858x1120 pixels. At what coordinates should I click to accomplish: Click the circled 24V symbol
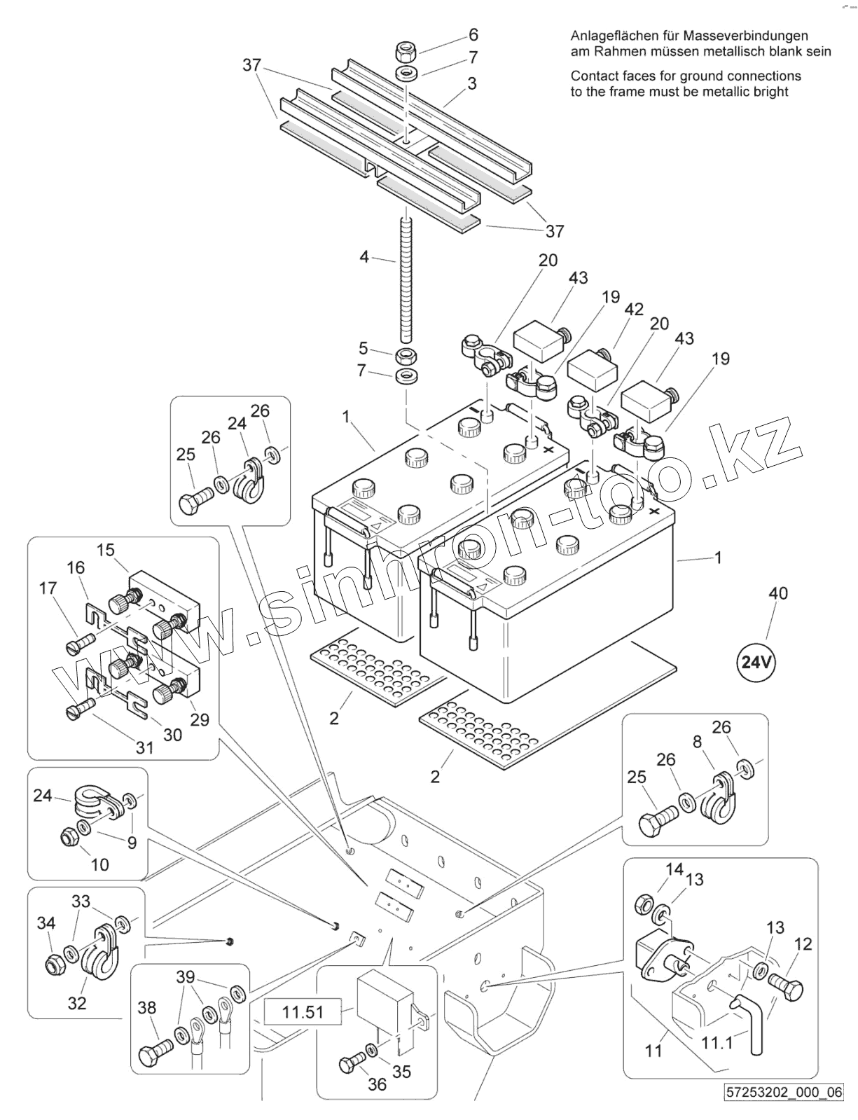(756, 662)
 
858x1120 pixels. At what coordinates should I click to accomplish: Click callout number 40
(778, 594)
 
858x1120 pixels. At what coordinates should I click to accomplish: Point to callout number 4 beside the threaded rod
(364, 256)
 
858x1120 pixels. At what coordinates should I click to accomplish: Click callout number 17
(48, 588)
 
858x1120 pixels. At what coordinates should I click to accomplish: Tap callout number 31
(145, 747)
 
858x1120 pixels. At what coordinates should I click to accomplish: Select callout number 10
(100, 864)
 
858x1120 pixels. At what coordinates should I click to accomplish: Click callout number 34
(46, 922)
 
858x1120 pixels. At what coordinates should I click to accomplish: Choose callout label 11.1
(717, 1043)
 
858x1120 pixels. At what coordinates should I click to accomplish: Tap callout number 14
(674, 869)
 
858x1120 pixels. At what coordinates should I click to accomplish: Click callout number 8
(697, 742)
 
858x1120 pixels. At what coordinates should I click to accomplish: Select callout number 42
(633, 310)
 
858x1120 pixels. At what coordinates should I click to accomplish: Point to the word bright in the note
(769, 92)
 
